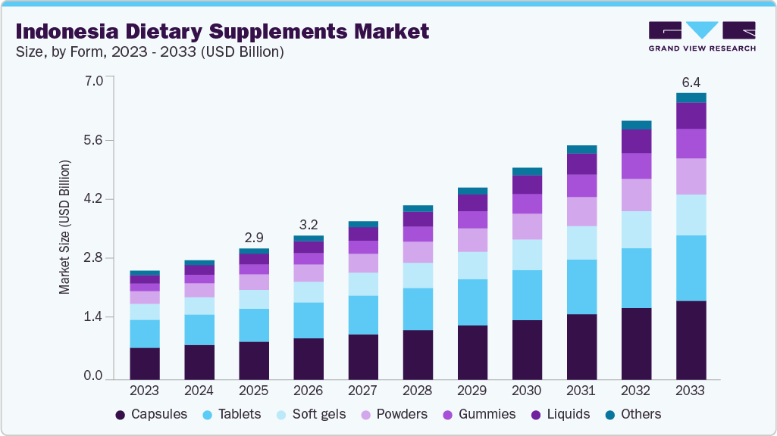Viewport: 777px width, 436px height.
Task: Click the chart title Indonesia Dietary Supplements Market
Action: tap(222, 32)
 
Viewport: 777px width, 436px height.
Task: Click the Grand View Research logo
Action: tap(701, 36)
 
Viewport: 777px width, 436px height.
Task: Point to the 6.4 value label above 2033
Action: tap(691, 82)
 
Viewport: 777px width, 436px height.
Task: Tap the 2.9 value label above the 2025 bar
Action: tap(254, 237)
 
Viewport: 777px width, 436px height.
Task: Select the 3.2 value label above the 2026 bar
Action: tap(309, 224)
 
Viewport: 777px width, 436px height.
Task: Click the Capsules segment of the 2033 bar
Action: tap(691, 340)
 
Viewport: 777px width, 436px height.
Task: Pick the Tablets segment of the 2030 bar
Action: tap(527, 295)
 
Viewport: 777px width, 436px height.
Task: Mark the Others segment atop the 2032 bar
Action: tap(636, 125)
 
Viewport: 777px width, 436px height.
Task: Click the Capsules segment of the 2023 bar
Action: tap(145, 363)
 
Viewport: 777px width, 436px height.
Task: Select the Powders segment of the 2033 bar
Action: tap(691, 176)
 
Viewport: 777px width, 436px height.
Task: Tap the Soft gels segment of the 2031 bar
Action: tap(581, 243)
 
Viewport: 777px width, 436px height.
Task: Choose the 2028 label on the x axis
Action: tap(418, 391)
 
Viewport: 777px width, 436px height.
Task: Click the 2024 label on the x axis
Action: tap(199, 391)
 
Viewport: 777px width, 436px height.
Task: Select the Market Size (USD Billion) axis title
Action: tap(65, 227)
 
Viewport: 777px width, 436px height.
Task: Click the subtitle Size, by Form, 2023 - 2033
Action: tap(149, 52)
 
